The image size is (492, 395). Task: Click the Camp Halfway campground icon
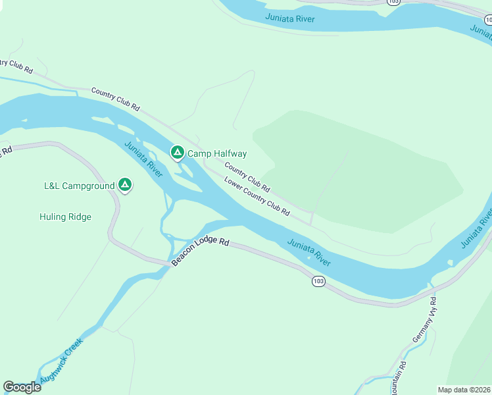click(x=177, y=153)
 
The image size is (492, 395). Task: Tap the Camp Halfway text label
click(x=217, y=153)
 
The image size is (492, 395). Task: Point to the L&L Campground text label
click(x=79, y=186)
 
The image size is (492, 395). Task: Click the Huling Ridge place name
click(x=65, y=217)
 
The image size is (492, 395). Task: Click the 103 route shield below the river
click(x=318, y=281)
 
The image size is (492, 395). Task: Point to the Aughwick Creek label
click(x=61, y=361)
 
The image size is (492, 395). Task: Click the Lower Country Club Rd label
click(x=257, y=197)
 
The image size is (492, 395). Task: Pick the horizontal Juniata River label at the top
click(x=290, y=18)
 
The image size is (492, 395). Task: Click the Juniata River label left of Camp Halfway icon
click(x=143, y=159)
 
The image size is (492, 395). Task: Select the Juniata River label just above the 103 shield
click(x=308, y=252)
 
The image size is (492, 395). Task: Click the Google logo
click(x=22, y=387)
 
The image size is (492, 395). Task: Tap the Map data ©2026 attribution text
click(x=464, y=390)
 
